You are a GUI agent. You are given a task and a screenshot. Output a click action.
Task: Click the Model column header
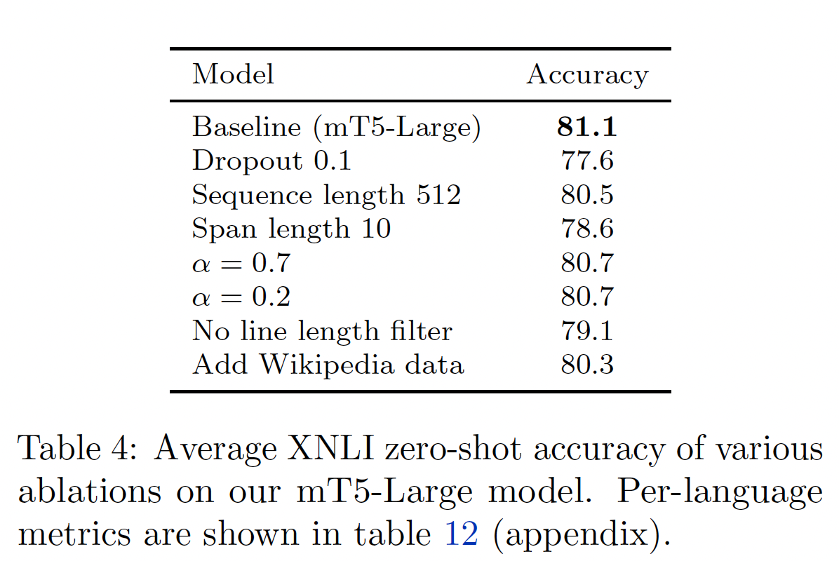point(233,74)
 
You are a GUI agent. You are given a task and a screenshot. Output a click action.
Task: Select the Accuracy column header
point(587,74)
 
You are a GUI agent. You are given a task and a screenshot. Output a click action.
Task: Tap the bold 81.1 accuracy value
point(587,127)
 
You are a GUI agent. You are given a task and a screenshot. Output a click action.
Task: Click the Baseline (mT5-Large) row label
point(336,127)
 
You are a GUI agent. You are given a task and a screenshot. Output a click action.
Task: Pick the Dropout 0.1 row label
point(271,161)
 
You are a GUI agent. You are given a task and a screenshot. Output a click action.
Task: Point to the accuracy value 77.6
point(587,161)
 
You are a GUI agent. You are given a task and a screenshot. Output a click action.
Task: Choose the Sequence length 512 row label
point(326,195)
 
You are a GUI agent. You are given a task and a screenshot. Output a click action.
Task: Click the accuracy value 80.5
point(587,195)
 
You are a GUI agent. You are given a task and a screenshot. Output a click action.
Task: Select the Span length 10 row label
point(291,229)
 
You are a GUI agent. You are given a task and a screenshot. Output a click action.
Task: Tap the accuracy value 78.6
point(587,229)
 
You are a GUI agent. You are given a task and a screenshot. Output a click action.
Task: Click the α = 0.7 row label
point(241,263)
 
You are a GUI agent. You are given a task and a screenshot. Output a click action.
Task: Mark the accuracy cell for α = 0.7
point(587,263)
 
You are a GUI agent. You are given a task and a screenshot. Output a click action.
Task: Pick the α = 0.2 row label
point(241,297)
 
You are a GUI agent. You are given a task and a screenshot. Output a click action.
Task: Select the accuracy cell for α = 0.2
point(587,297)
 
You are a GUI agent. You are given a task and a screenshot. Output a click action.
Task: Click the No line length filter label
point(322,331)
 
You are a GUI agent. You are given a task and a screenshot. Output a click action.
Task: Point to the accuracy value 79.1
point(587,331)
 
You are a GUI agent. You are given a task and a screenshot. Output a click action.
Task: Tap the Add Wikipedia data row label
point(328,365)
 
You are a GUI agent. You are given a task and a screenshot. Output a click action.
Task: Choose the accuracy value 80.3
point(587,365)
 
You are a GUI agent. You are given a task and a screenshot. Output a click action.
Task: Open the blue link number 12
point(462,535)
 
